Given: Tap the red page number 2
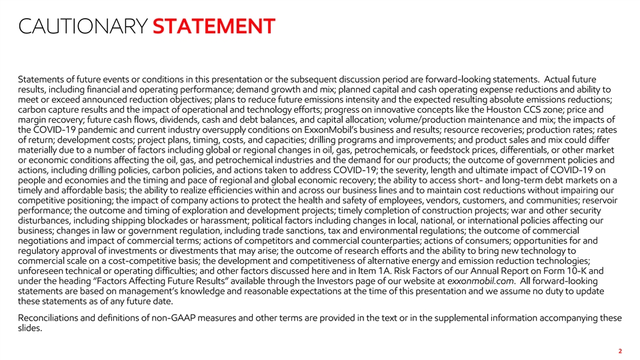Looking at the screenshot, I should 620,351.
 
